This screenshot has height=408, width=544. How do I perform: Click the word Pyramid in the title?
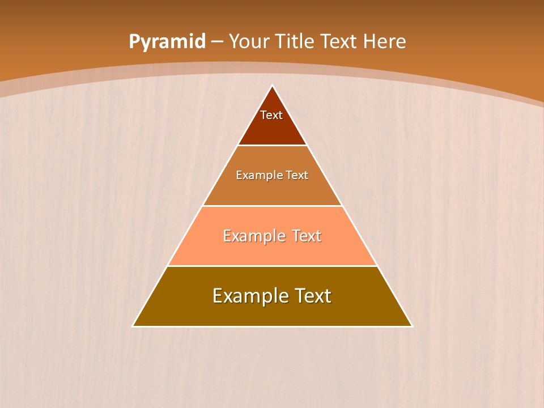click(x=167, y=42)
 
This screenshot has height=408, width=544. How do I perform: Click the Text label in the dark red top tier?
click(x=271, y=115)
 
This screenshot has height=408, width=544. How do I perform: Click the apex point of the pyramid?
click(x=273, y=86)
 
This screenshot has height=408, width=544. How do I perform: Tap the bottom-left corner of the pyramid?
click(x=133, y=326)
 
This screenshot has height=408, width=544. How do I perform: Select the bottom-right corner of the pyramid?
click(x=411, y=326)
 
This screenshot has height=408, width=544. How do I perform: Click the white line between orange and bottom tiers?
click(x=273, y=266)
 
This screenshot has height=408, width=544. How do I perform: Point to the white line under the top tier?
click(x=273, y=145)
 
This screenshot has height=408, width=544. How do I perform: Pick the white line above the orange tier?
click(x=273, y=206)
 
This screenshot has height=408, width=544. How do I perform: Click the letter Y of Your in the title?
click(x=233, y=42)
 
